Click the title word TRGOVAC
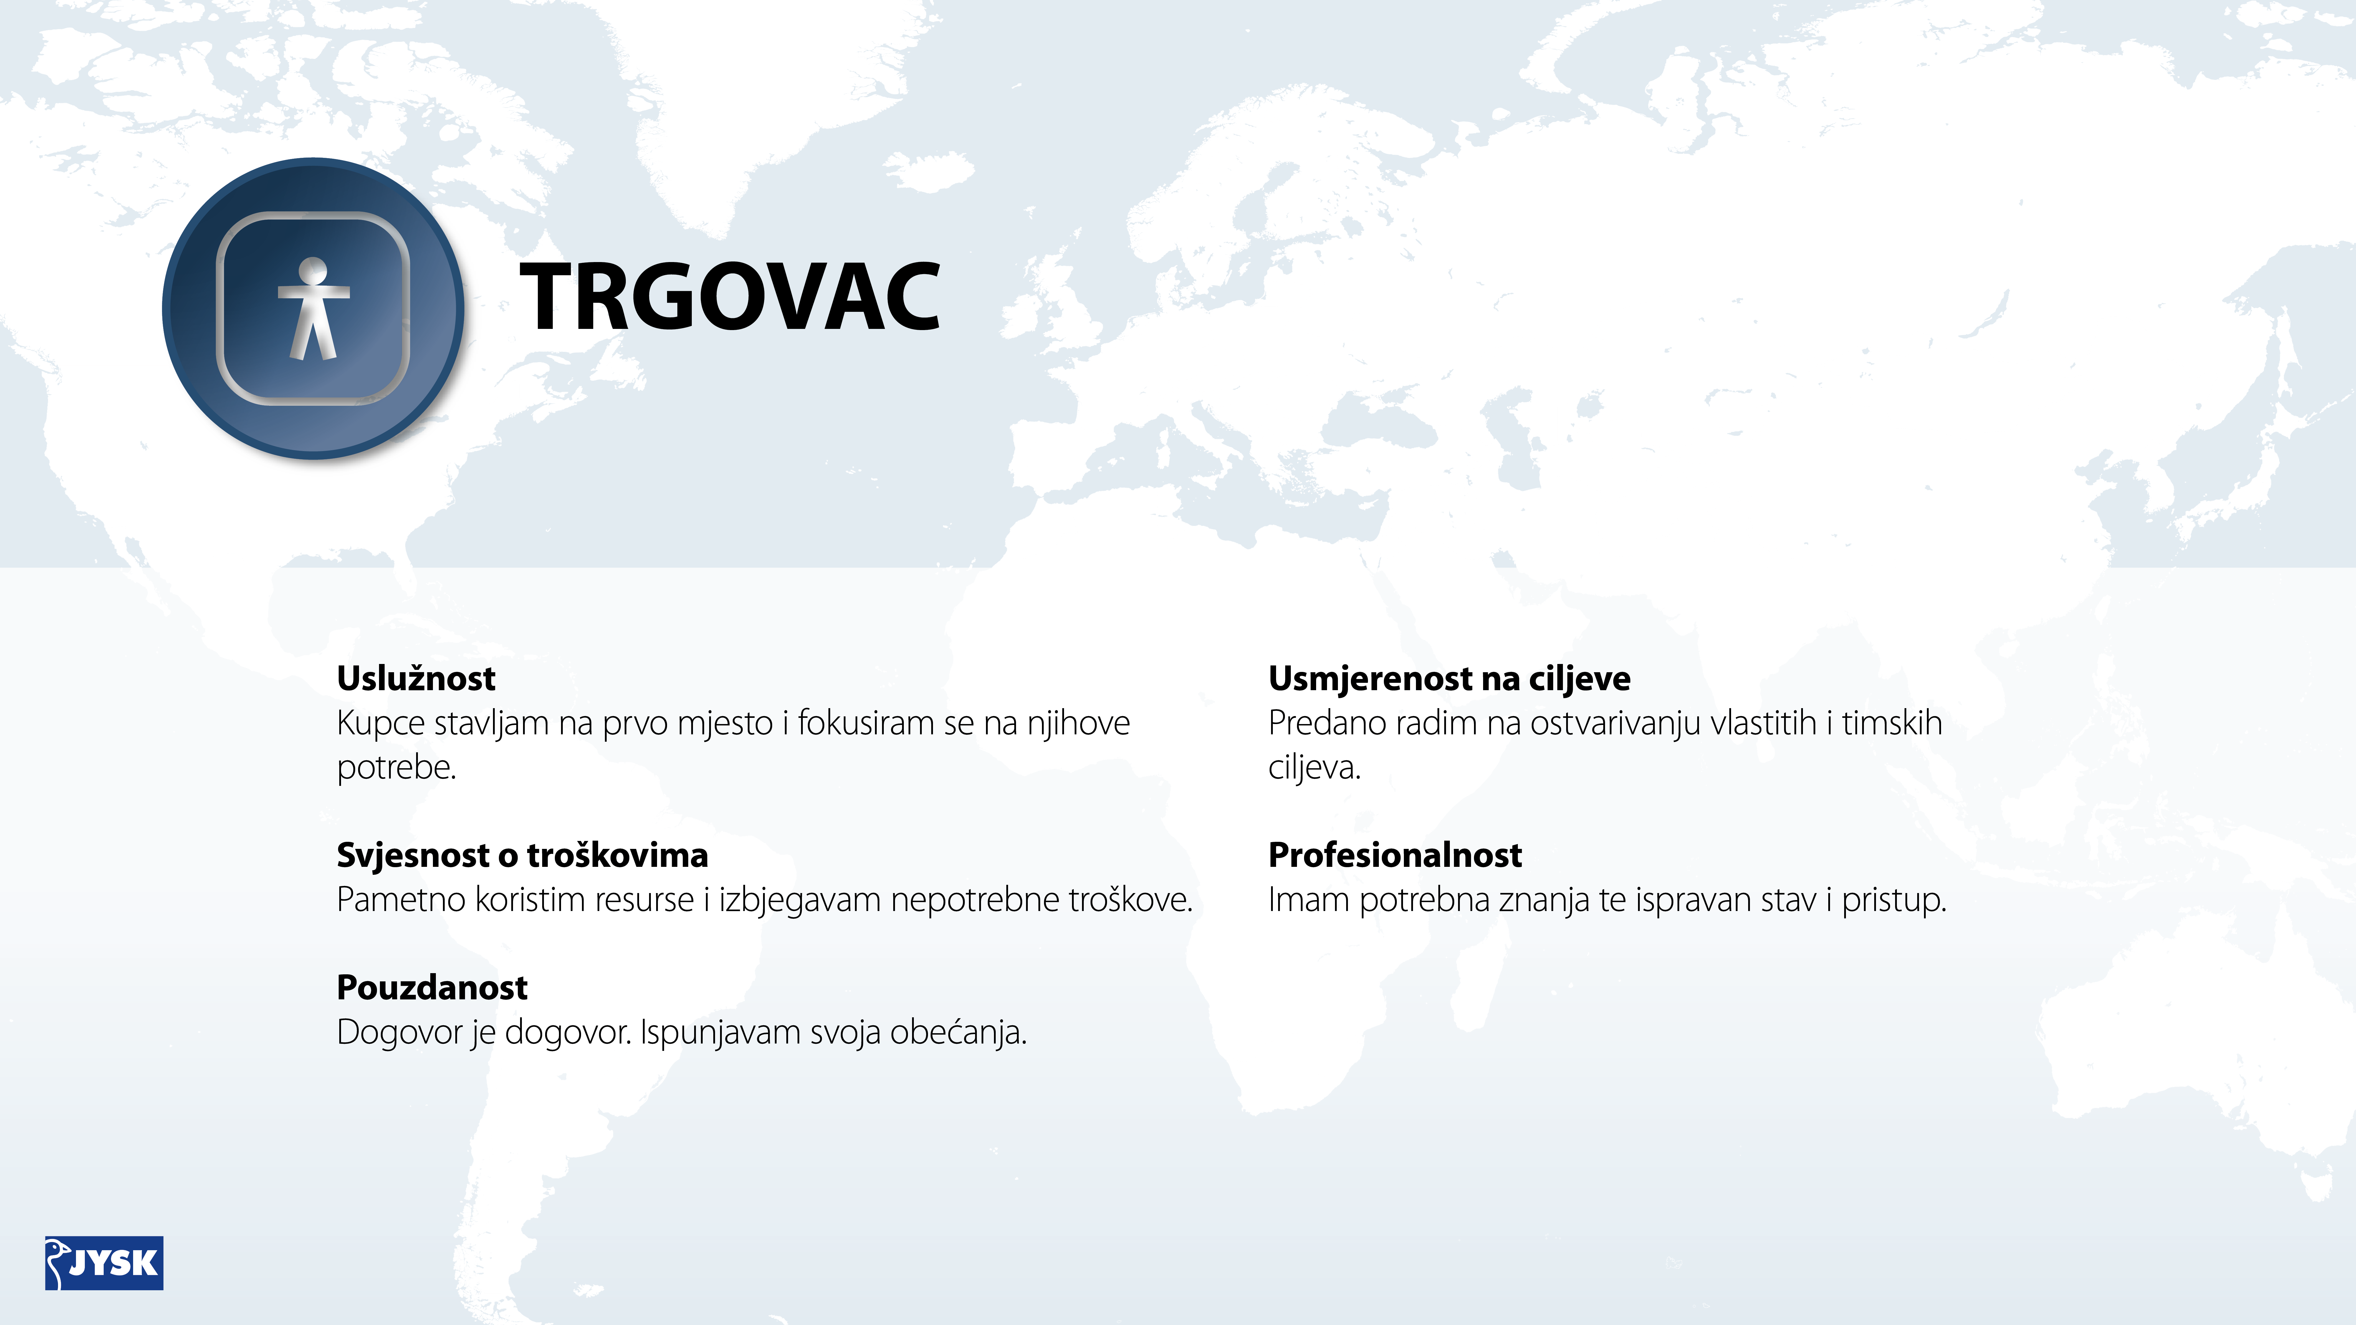click(730, 296)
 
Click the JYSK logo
click(104, 1263)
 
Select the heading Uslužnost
click(416, 678)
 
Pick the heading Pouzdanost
click(432, 988)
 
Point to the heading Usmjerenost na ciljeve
click(1449, 678)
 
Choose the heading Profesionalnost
click(1395, 855)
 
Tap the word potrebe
click(396, 768)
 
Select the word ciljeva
click(1314, 768)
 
